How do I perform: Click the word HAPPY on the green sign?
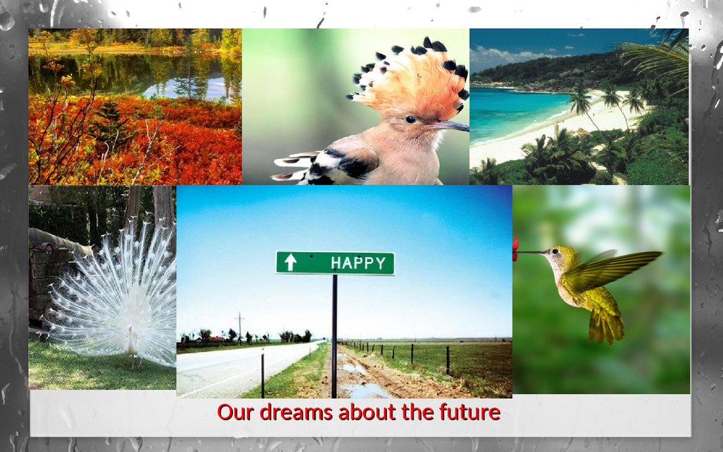tap(358, 263)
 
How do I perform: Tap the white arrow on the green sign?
tap(290, 262)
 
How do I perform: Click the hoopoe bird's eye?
tap(410, 119)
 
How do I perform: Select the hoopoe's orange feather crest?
tap(412, 78)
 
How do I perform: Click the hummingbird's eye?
tap(555, 251)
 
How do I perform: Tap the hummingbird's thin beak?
tap(531, 252)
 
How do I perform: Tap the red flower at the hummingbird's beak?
tap(515, 249)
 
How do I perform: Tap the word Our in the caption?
tap(236, 412)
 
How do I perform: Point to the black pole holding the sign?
tap(334, 336)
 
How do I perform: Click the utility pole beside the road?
tap(240, 328)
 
